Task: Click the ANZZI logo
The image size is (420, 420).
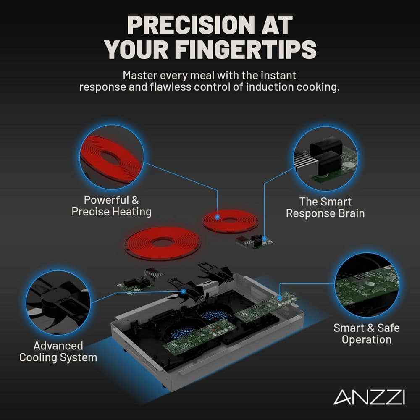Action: pos(369,397)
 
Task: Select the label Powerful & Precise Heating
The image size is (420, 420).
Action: pos(111,206)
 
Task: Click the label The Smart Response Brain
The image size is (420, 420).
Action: pos(325,207)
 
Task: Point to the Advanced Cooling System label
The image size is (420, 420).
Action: pos(58,352)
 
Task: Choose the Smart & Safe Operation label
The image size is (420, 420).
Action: pos(366,333)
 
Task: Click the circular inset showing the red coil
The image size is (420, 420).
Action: pos(112,157)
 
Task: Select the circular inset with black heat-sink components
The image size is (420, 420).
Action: pos(325,159)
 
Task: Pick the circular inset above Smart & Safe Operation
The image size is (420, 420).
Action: pos(367,285)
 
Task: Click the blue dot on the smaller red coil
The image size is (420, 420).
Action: pos(218,217)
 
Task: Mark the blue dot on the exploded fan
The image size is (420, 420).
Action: pos(184,291)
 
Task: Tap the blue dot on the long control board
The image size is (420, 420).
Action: pos(279,298)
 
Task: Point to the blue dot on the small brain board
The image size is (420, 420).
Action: pos(264,239)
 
